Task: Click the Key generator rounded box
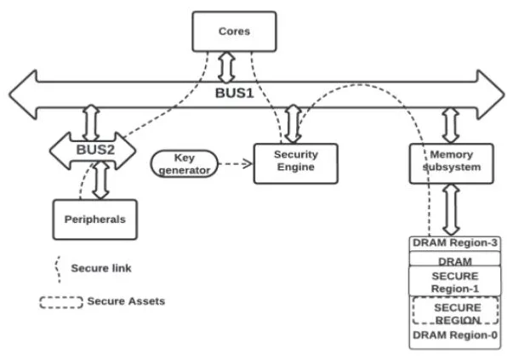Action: pyautogui.click(x=185, y=163)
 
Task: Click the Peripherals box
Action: pyautogui.click(x=94, y=219)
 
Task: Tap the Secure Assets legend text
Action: pyautogui.click(x=120, y=301)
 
